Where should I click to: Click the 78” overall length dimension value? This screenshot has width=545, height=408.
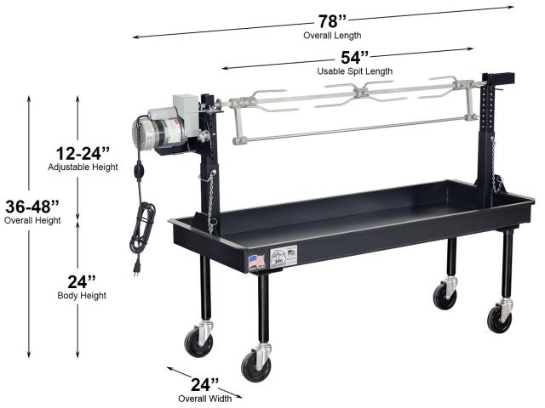tap(332, 21)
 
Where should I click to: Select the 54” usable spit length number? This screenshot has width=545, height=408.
tap(354, 58)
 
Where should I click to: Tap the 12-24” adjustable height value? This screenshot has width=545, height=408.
tap(83, 153)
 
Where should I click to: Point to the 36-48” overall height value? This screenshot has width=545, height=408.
tap(32, 207)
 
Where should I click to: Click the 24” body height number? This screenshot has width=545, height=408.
tap(82, 281)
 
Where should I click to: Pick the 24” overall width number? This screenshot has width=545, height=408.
tap(204, 384)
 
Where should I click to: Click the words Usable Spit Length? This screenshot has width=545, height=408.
tap(355, 71)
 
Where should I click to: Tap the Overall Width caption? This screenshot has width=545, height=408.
tap(204, 399)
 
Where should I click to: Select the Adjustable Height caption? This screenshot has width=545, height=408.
tap(83, 167)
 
